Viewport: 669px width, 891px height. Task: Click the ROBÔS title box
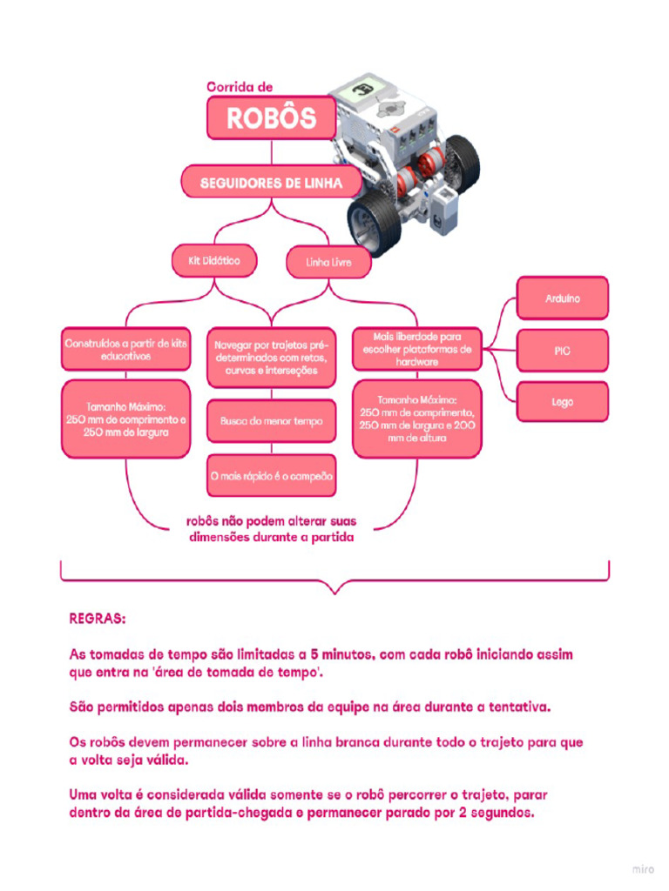(271, 118)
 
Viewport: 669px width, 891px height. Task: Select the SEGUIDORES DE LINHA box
(271, 184)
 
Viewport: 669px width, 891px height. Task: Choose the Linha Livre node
(328, 261)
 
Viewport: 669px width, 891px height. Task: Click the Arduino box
(563, 298)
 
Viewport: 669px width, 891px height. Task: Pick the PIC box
(563, 351)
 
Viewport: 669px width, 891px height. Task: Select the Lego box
(563, 403)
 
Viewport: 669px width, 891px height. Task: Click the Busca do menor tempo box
(271, 421)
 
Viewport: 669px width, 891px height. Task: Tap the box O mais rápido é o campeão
(271, 476)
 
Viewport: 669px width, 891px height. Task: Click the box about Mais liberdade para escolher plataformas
(416, 348)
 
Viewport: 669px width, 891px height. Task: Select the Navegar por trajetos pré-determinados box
(271, 357)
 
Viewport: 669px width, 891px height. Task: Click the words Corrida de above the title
(240, 87)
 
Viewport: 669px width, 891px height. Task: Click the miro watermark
(642, 868)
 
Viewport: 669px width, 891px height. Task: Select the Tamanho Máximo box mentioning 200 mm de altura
(416, 419)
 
